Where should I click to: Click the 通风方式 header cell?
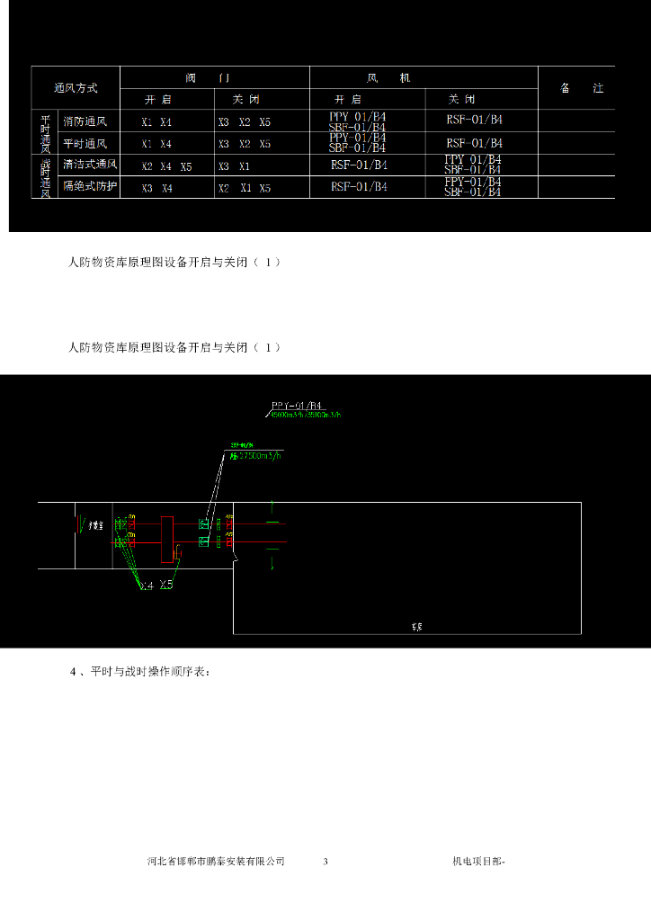[76, 88]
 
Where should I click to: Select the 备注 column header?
[582, 88]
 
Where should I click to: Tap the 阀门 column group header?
[216, 78]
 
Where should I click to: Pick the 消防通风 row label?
[85, 121]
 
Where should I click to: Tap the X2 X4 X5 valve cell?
[167, 166]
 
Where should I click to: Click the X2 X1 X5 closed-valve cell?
[244, 188]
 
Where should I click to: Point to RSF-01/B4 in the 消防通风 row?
[474, 120]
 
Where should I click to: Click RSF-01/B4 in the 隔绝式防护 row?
[359, 187]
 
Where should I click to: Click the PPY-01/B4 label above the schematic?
[297, 406]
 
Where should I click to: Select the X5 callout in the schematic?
[166, 585]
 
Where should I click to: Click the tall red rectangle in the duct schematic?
[166, 541]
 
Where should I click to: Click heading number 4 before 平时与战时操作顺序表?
[73, 671]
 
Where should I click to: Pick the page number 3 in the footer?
[325, 862]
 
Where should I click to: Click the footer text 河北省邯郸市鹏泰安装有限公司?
[216, 862]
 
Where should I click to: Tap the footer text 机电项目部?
[477, 862]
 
